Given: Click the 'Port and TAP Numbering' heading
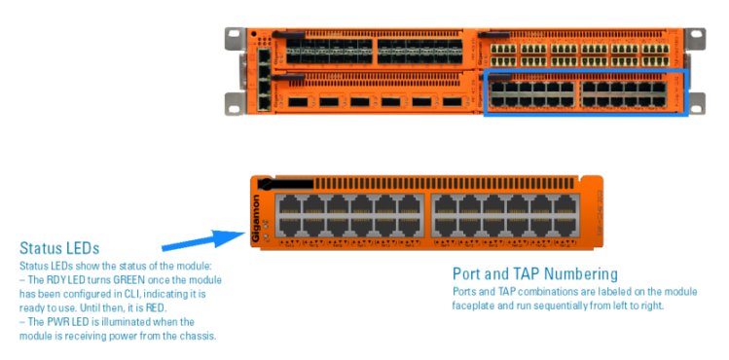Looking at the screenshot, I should (534, 273).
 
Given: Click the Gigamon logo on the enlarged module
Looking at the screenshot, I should (257, 216).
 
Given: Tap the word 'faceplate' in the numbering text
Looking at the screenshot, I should (473, 305).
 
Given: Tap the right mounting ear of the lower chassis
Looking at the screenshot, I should (694, 101).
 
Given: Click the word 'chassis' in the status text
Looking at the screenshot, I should (198, 336).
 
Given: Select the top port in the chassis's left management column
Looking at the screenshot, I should (266, 57).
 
